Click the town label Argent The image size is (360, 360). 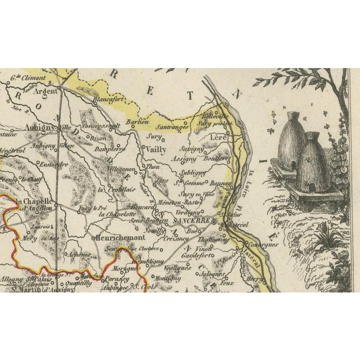(x=43, y=89)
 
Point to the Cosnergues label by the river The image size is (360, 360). (x=262, y=245)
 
